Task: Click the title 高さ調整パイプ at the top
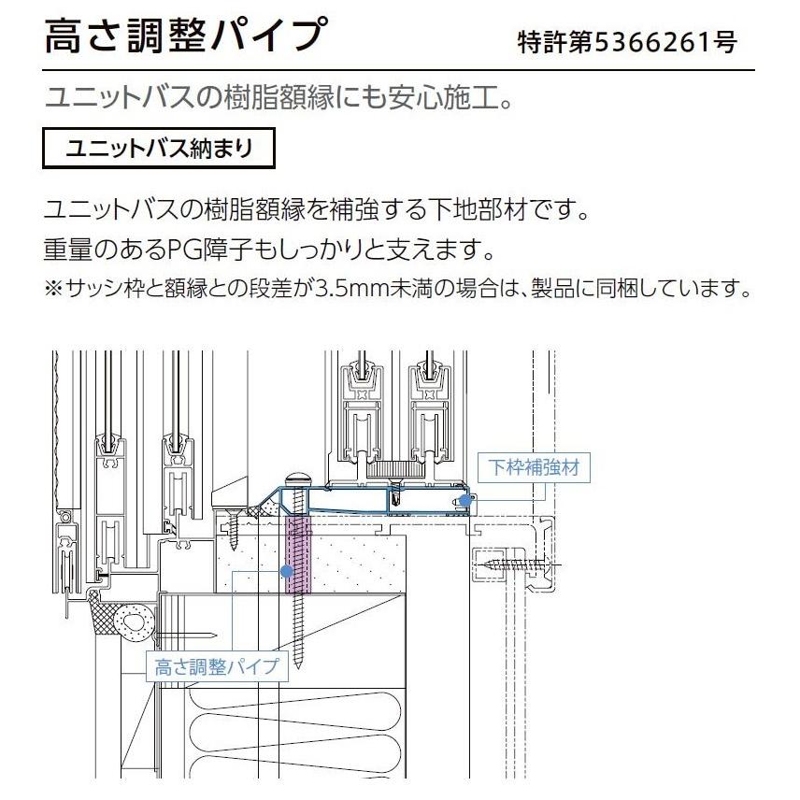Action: pos(185,37)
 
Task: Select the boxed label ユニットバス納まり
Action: pos(160,149)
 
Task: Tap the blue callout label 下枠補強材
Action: pos(534,466)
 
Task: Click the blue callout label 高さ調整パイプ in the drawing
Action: pos(216,666)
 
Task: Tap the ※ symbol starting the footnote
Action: pos(52,287)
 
